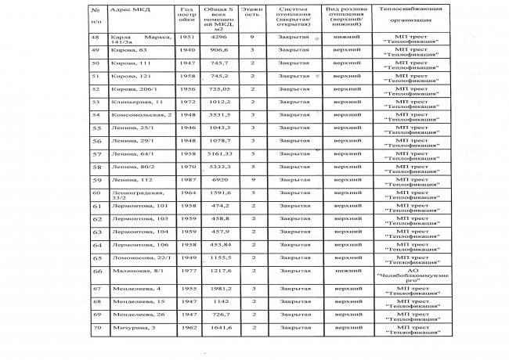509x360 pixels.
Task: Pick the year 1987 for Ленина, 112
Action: click(x=186, y=180)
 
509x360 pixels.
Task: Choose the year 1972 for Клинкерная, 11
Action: click(x=186, y=101)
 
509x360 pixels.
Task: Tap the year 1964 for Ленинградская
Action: click(x=186, y=192)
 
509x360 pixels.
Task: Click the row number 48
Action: click(x=97, y=37)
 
